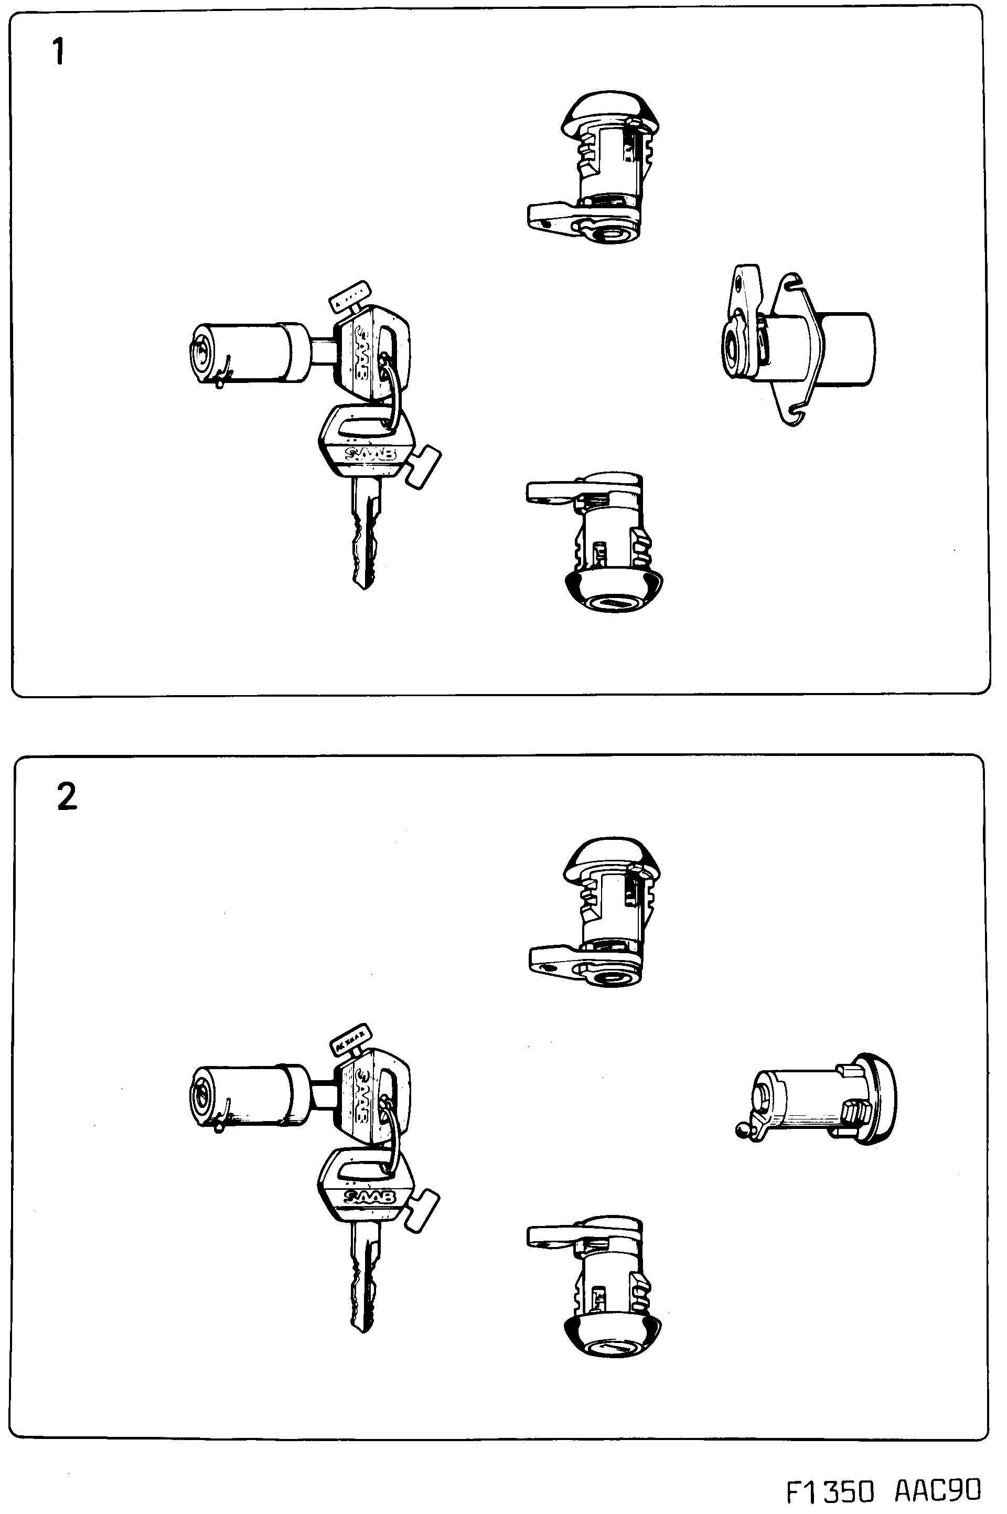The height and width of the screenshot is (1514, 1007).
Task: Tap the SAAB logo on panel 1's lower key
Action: click(x=371, y=455)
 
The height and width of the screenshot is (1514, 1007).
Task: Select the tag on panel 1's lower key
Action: click(x=425, y=467)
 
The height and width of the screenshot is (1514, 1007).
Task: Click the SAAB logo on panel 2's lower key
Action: click(x=371, y=1197)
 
